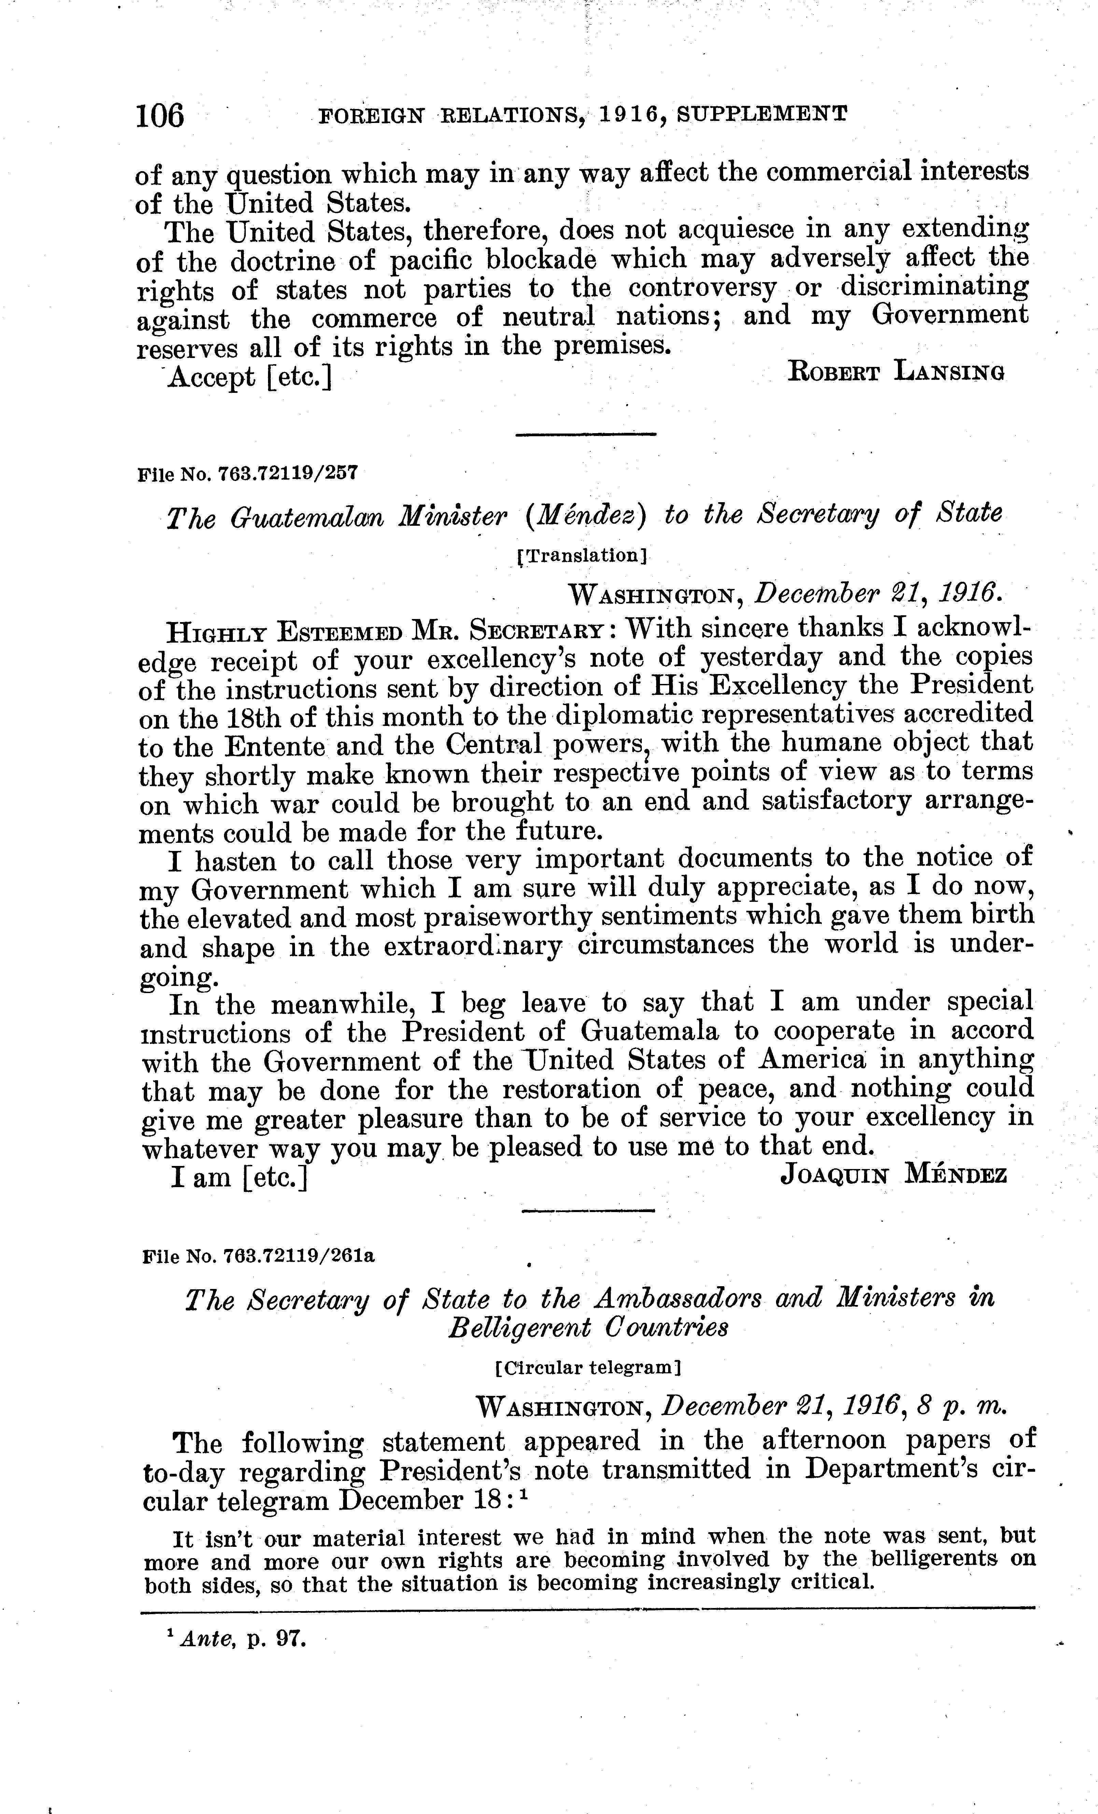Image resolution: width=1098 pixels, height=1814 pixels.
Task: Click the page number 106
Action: click(x=160, y=115)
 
